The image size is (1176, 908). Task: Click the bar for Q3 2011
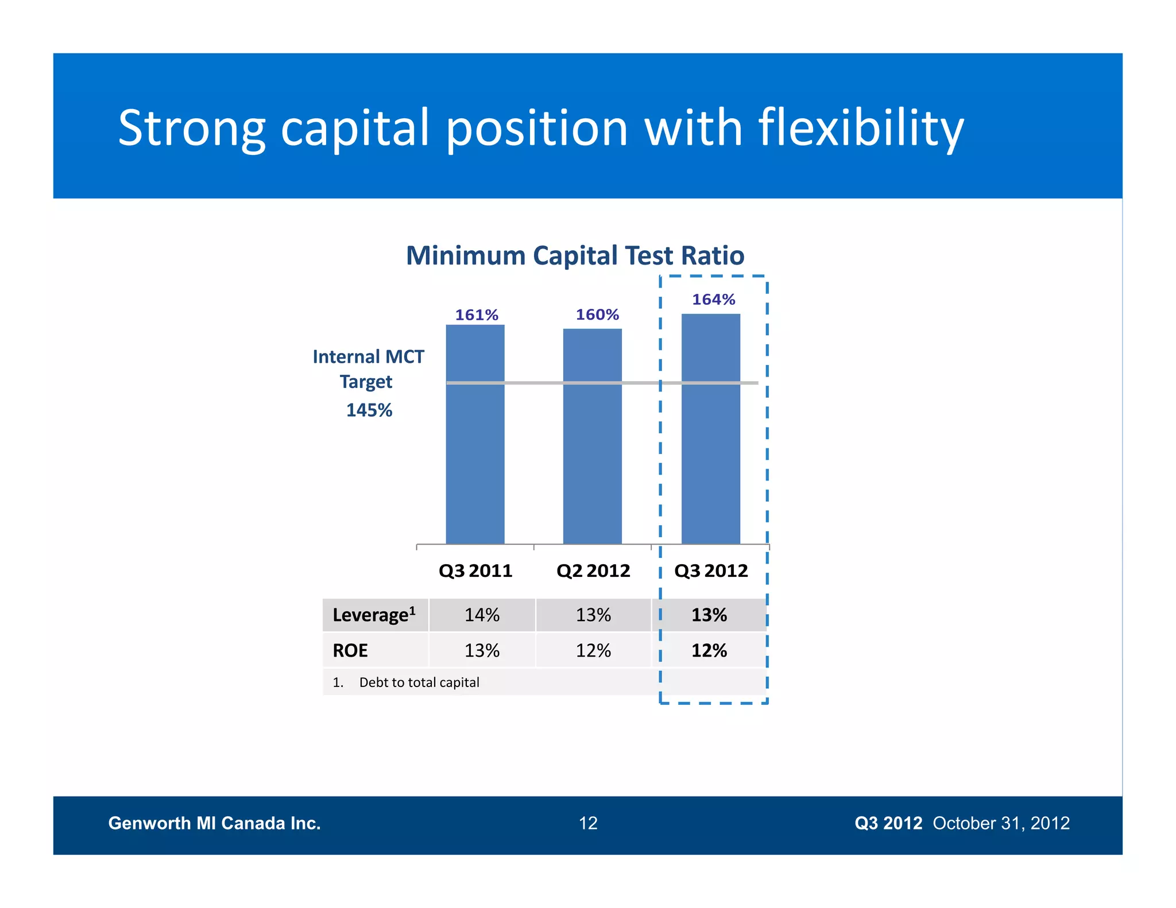pyautogui.click(x=475, y=434)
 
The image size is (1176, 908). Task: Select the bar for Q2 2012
pyautogui.click(x=592, y=436)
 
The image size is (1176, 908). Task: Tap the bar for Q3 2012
pyautogui.click(x=710, y=428)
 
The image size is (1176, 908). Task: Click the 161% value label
pyautogui.click(x=476, y=315)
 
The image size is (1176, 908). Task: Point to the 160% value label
pyautogui.click(x=597, y=315)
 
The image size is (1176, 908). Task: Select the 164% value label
pyautogui.click(x=713, y=299)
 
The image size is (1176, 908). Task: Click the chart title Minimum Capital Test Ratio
pyautogui.click(x=575, y=255)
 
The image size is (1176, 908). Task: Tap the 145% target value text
pyautogui.click(x=369, y=410)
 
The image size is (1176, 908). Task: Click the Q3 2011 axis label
pyautogui.click(x=475, y=571)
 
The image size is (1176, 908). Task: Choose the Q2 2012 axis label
pyautogui.click(x=593, y=571)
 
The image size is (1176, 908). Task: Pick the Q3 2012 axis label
pyautogui.click(x=711, y=571)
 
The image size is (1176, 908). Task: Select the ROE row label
pyautogui.click(x=350, y=650)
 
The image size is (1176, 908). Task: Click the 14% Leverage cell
pyautogui.click(x=482, y=615)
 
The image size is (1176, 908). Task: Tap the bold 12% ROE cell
pyautogui.click(x=709, y=650)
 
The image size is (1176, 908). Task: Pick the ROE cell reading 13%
pyautogui.click(x=482, y=650)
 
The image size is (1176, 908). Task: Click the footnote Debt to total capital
pyautogui.click(x=419, y=682)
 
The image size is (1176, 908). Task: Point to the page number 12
pyautogui.click(x=588, y=823)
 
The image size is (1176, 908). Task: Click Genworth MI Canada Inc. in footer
pyautogui.click(x=214, y=823)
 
